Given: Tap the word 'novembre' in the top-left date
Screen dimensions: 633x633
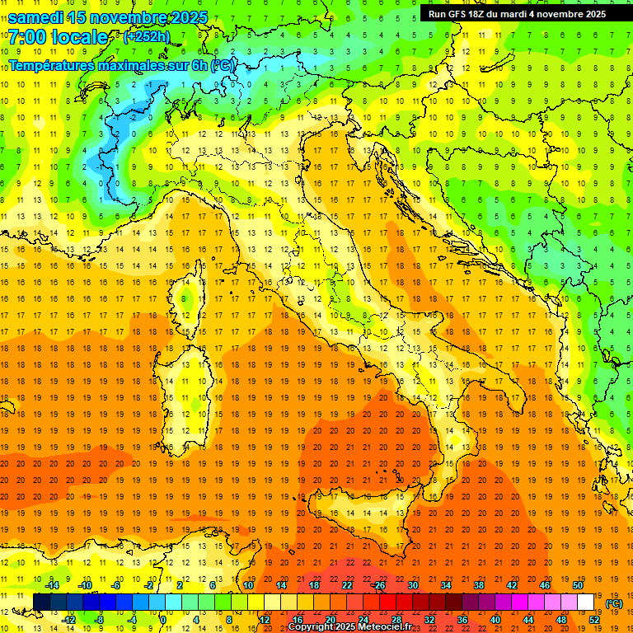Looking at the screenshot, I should pyautogui.click(x=130, y=17).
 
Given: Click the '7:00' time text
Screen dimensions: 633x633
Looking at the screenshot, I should pyautogui.click(x=29, y=37).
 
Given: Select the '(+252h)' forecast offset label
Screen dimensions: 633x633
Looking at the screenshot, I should pyautogui.click(x=146, y=37).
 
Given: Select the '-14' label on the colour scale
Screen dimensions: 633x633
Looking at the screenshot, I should pyautogui.click(x=51, y=585).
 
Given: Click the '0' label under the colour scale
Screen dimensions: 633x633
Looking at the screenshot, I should pyautogui.click(x=163, y=620).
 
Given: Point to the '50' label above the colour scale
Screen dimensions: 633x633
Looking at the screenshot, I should pyautogui.click(x=578, y=585).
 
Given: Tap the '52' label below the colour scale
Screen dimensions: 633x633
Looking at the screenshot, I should pyautogui.click(x=594, y=620).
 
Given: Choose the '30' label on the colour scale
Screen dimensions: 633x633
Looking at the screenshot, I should pyautogui.click(x=413, y=585).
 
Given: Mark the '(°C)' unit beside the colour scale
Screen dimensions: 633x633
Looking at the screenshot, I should pyautogui.click(x=613, y=603).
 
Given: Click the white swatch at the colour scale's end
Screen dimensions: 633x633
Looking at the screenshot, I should pyautogui.click(x=586, y=603).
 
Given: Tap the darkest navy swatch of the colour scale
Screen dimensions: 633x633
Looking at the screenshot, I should pyautogui.click(x=41, y=603).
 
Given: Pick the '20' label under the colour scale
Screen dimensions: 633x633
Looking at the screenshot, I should pyautogui.click(x=331, y=620).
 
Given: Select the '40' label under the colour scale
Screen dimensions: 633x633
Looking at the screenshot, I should pyautogui.click(x=495, y=620).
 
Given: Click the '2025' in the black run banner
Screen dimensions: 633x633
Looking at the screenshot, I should pyautogui.click(x=593, y=13).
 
